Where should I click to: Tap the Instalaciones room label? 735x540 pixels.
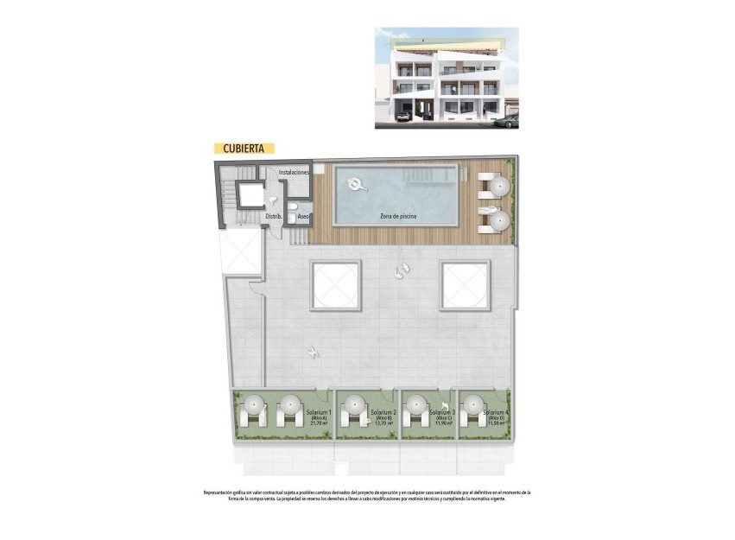(x=294, y=173)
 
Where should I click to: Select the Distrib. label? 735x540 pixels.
(x=274, y=216)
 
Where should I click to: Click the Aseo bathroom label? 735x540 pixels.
(x=304, y=216)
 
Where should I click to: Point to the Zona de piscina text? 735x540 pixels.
(x=398, y=216)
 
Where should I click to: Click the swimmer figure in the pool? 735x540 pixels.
(x=354, y=184)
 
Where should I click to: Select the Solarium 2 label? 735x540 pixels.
(x=383, y=413)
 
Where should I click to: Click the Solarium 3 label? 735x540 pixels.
(x=441, y=413)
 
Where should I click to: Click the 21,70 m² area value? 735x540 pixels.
(x=318, y=423)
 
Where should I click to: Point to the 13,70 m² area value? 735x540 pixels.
(x=383, y=423)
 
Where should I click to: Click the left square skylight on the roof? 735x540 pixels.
(x=336, y=285)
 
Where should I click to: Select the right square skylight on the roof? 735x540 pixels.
(x=466, y=285)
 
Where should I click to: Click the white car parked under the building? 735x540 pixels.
(x=402, y=112)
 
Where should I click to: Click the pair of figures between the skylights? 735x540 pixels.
(x=400, y=271)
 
